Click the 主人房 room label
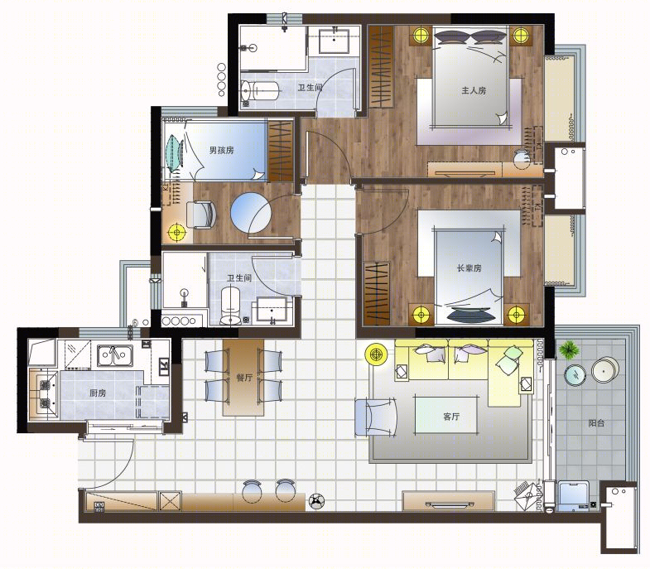(x=474, y=90)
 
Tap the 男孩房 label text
(x=221, y=150)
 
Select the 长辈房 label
(x=469, y=268)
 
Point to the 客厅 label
(x=451, y=417)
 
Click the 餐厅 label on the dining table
(x=243, y=378)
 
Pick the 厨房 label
(x=98, y=393)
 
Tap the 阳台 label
(x=596, y=423)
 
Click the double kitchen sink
(x=115, y=355)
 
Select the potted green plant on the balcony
(x=569, y=350)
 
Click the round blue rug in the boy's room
(x=251, y=213)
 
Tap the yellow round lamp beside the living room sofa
(x=377, y=354)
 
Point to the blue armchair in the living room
(x=376, y=417)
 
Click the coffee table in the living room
(x=446, y=416)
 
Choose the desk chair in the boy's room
(x=201, y=215)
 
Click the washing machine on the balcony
(x=574, y=495)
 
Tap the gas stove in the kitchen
(x=45, y=393)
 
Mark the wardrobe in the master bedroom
(x=381, y=66)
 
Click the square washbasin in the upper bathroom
(x=334, y=41)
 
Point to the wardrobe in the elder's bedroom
(x=377, y=294)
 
